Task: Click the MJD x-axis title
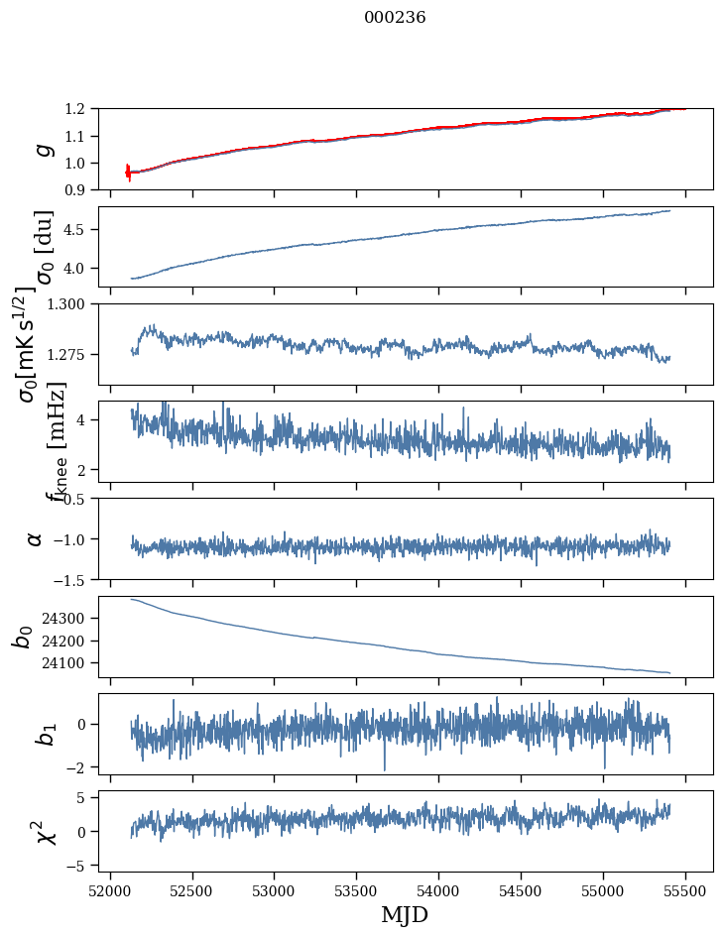pos(405,915)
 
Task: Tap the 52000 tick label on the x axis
pos(110,891)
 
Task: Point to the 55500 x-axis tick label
pos(686,891)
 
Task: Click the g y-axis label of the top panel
pos(42,149)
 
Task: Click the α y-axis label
pos(36,538)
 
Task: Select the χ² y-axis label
pos(42,831)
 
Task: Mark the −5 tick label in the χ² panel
pos(86,866)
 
